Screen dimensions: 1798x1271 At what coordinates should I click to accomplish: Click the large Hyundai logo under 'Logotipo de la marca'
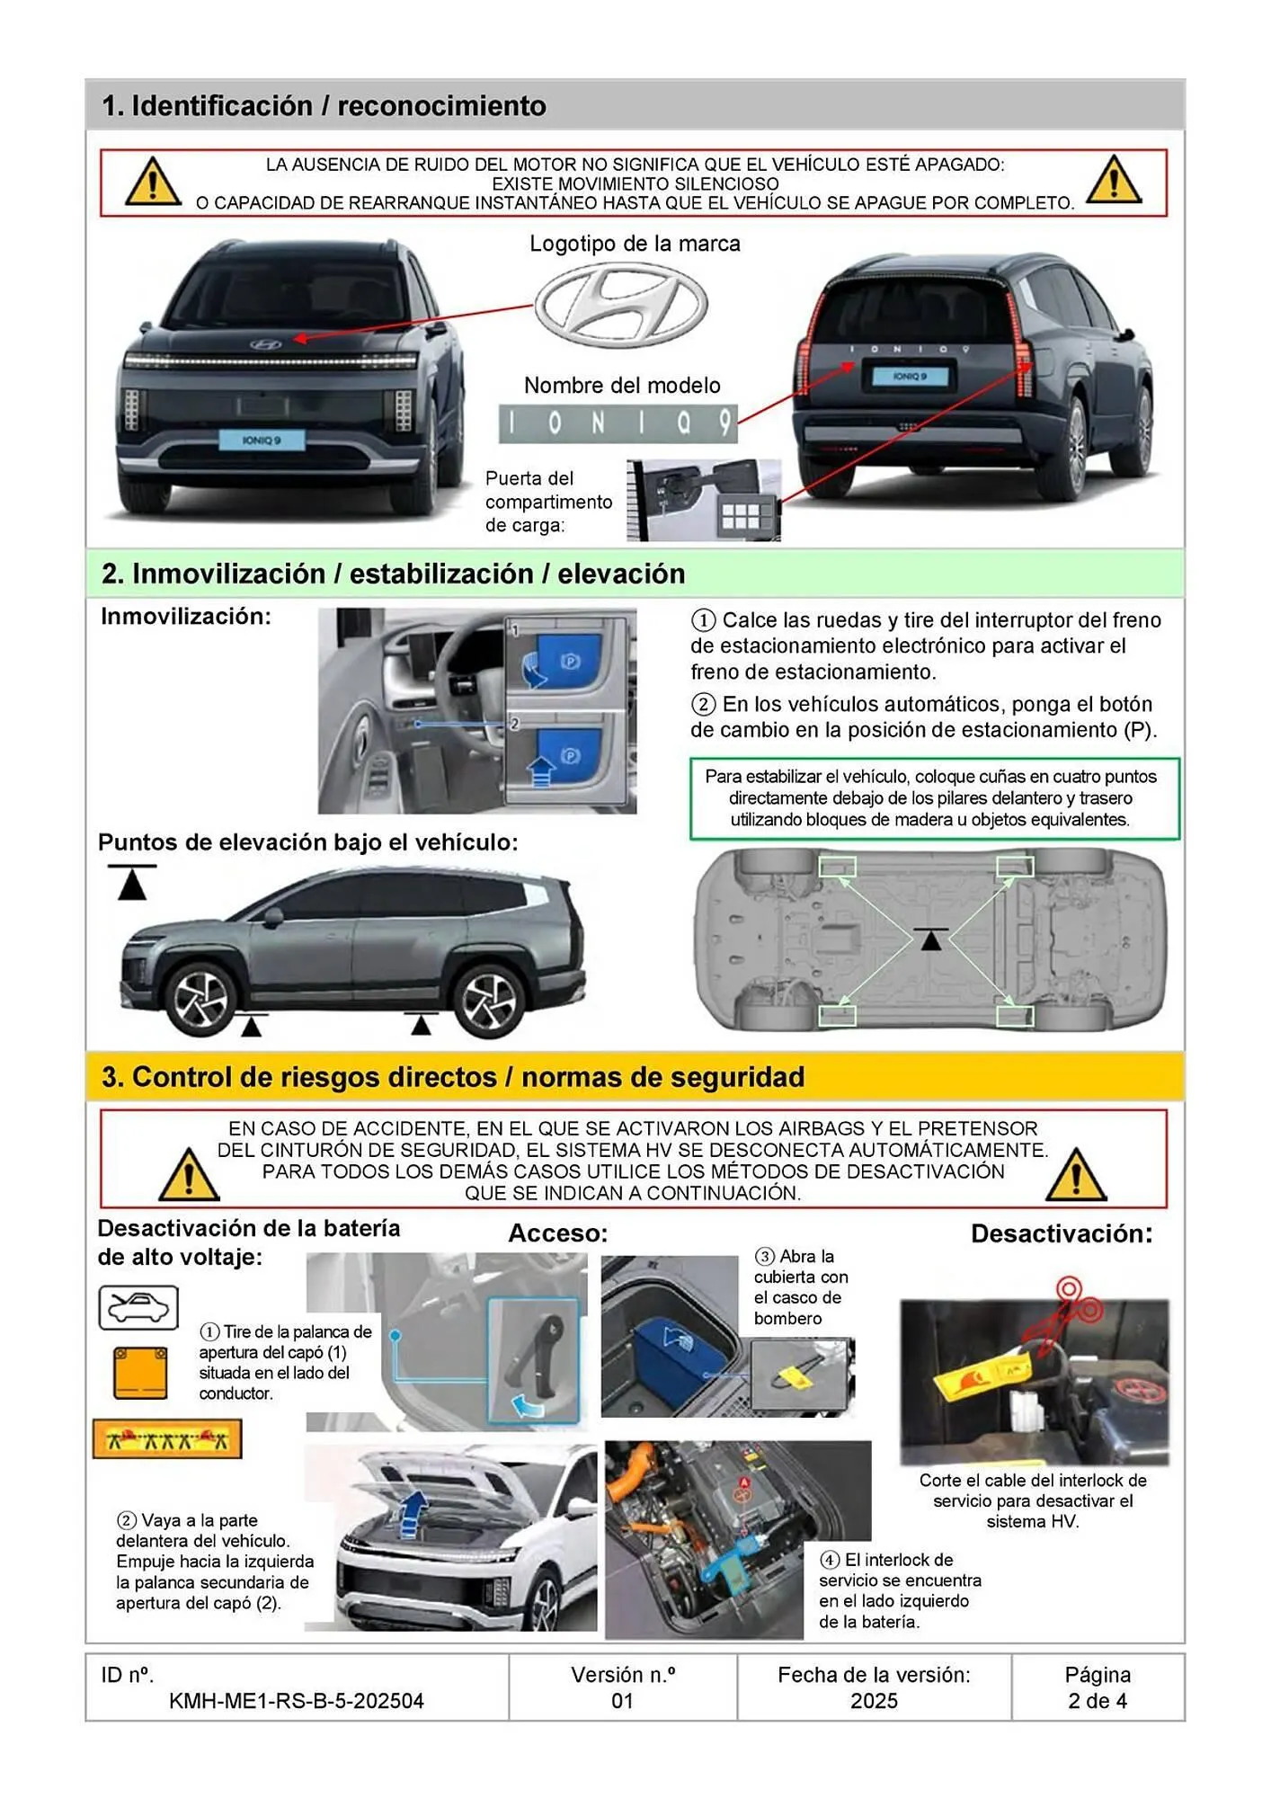click(x=621, y=306)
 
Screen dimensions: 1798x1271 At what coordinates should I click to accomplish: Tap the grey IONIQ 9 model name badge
click(x=618, y=423)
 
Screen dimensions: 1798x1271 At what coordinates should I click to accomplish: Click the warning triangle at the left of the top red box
click(x=153, y=182)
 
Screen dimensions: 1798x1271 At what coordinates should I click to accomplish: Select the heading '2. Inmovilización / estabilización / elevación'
click(x=393, y=574)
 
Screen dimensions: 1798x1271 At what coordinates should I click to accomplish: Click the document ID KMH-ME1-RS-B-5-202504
click(x=296, y=1701)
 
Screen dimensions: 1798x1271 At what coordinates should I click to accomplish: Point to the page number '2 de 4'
click(x=1097, y=1701)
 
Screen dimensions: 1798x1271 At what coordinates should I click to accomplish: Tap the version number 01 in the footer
click(x=622, y=1701)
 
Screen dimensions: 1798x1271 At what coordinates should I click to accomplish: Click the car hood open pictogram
click(x=138, y=1307)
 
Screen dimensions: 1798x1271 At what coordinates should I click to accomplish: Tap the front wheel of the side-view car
click(x=201, y=999)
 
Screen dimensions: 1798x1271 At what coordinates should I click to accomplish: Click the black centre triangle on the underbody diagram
click(x=931, y=939)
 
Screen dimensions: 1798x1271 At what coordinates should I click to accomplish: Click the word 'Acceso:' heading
click(x=558, y=1233)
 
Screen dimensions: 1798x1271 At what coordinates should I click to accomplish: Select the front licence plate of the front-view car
click(x=262, y=440)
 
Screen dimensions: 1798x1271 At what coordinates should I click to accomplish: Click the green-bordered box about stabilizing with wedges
click(x=934, y=798)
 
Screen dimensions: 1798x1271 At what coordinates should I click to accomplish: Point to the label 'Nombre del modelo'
click(x=622, y=386)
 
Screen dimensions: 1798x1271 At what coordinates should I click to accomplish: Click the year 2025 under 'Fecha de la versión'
click(x=874, y=1701)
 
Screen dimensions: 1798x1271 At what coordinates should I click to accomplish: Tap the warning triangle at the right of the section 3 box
click(x=1076, y=1175)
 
